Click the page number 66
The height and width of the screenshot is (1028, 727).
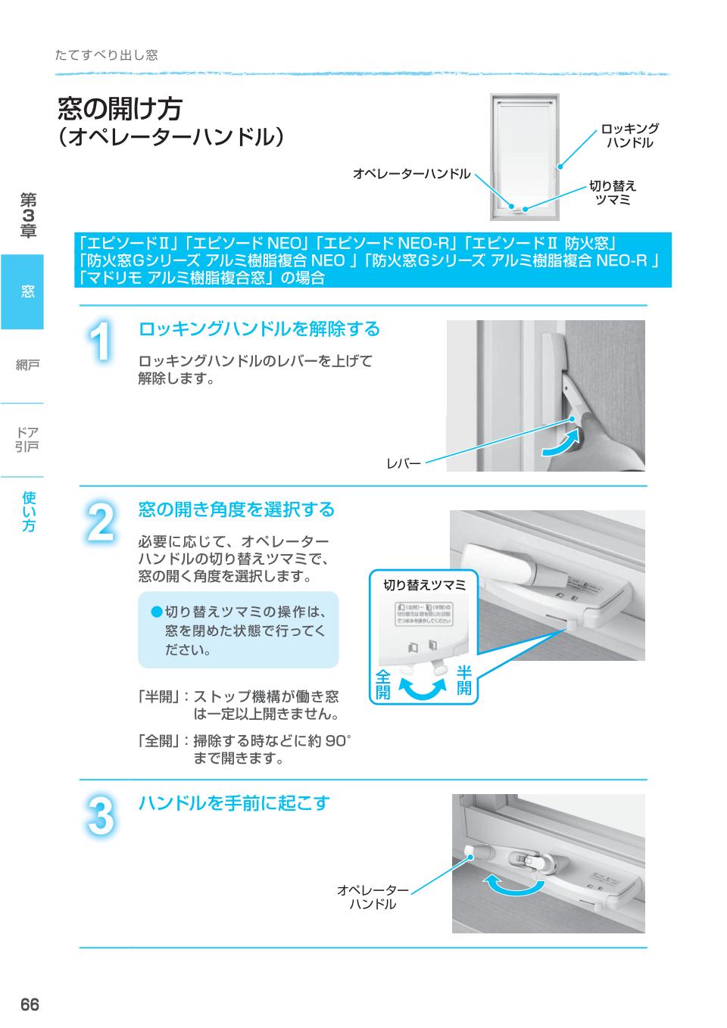[29, 1005]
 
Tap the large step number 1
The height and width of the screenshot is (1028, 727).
[100, 342]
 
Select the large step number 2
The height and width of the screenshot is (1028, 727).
[100, 522]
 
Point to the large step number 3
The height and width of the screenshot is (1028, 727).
[100, 816]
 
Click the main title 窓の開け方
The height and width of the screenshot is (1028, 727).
[120, 109]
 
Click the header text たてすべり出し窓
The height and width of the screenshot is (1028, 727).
[107, 55]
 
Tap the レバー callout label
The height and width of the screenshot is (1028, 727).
[404, 463]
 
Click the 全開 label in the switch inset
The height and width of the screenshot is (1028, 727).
[383, 683]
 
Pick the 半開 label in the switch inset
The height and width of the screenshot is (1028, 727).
[463, 680]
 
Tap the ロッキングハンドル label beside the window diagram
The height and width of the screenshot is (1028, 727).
[629, 136]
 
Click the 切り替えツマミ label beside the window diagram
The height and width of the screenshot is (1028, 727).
[613, 192]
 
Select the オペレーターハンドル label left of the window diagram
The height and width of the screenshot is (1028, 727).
[411, 174]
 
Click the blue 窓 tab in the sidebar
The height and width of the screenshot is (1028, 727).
[23, 292]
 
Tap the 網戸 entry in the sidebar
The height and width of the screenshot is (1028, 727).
[27, 366]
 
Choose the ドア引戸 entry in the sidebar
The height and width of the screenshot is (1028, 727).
[27, 439]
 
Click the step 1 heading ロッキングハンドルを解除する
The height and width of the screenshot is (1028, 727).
[258, 329]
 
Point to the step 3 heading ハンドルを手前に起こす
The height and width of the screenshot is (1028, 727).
[234, 803]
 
